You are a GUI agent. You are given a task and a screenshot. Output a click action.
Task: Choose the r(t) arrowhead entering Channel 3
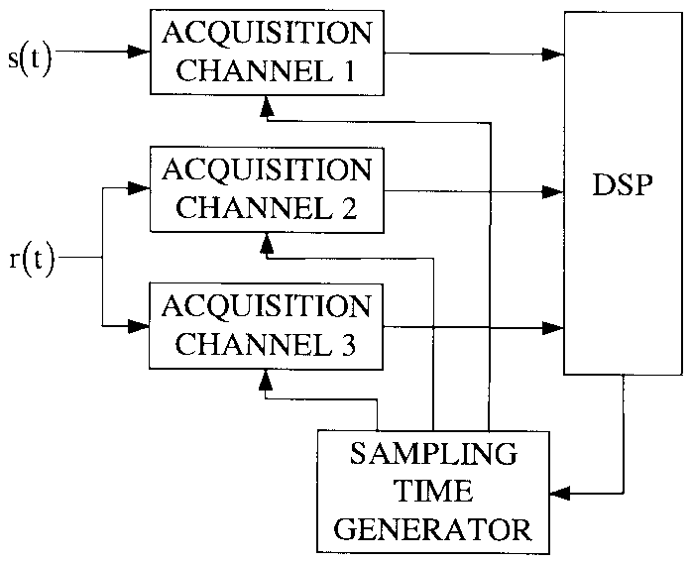coord(140,325)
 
